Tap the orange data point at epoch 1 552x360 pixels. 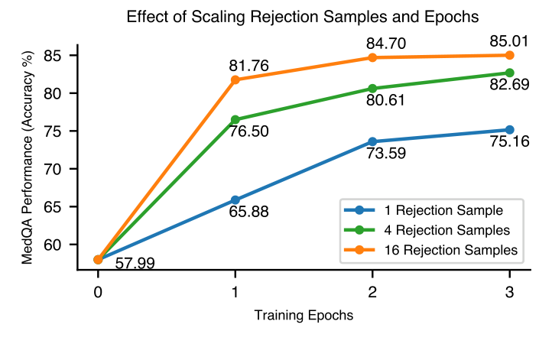235,79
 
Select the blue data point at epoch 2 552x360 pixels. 372,141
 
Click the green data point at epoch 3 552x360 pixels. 510,73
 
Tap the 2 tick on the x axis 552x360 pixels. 372,291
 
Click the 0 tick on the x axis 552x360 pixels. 98,291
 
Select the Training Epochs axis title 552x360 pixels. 304,315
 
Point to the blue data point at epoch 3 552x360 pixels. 510,130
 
